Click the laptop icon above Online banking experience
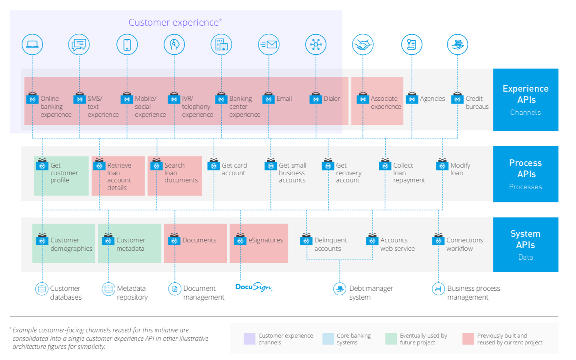pyautogui.click(x=32, y=44)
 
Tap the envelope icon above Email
pyautogui.click(x=269, y=44)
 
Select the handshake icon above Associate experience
pyautogui.click(x=363, y=44)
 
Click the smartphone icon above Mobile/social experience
pyautogui.click(x=127, y=44)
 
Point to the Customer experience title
pyautogui.click(x=175, y=22)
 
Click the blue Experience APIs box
pyautogui.click(x=525, y=100)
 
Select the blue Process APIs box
pyautogui.click(x=525, y=174)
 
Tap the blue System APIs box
pyautogui.click(x=525, y=244)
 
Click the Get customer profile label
pyautogui.click(x=64, y=173)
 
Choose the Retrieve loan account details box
pyautogui.click(x=118, y=176)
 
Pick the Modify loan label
pyautogui.click(x=460, y=169)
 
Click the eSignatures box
pyautogui.click(x=259, y=243)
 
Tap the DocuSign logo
pyautogui.click(x=254, y=287)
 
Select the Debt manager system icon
pyautogui.click(x=340, y=288)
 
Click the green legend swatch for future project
pyautogui.click(x=391, y=339)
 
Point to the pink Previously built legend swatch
pyautogui.click(x=468, y=339)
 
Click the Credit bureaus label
pyautogui.click(x=477, y=102)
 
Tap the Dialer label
pyautogui.click(x=332, y=98)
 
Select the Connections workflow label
pyautogui.click(x=464, y=244)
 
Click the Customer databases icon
pyautogui.click(x=42, y=288)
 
